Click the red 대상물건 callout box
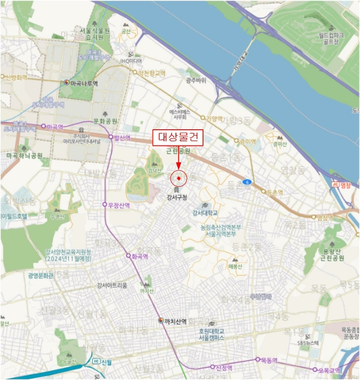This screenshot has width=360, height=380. (178, 138)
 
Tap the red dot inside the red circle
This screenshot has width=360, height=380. (179, 178)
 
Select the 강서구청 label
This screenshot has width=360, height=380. (178, 197)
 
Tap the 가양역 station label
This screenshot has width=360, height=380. (211, 118)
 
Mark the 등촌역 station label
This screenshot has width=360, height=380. (275, 192)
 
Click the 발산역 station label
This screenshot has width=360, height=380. (122, 138)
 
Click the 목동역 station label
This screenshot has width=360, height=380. (270, 360)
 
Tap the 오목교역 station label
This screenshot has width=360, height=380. (329, 370)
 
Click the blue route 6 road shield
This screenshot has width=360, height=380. (248, 181)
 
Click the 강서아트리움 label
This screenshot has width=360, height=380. (112, 285)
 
